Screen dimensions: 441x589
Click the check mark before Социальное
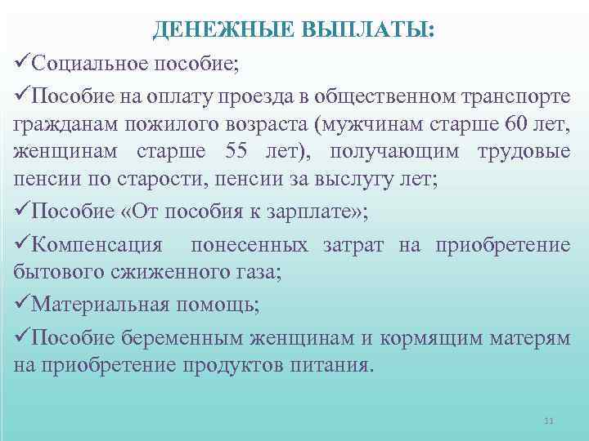tap(23, 61)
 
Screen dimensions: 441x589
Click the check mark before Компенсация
tap(23, 245)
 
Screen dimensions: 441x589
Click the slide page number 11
tap(548, 421)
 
